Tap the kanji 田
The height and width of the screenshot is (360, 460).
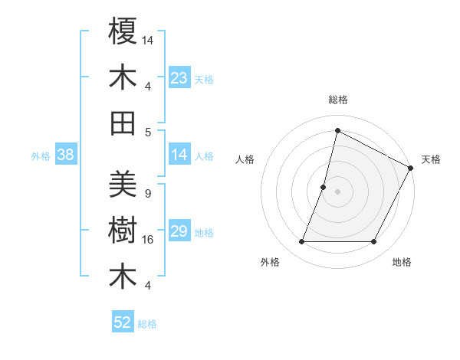point(123,123)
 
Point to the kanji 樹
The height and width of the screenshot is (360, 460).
point(123,231)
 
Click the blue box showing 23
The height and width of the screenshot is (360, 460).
point(179,78)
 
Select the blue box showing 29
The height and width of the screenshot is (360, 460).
point(179,231)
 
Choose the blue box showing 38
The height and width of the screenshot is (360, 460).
point(65,155)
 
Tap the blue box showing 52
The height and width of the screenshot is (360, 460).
point(123,322)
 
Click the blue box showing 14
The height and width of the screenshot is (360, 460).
point(179,155)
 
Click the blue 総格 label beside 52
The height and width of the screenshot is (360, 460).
point(147,324)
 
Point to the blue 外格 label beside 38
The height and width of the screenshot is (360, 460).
point(41,156)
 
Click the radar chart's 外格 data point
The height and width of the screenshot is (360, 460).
point(301,242)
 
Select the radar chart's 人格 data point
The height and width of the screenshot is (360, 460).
point(324,187)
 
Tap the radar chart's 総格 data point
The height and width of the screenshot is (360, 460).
point(337,130)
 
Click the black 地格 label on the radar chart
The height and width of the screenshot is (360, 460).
point(402,263)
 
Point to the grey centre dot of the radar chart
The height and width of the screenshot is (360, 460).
point(337,191)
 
